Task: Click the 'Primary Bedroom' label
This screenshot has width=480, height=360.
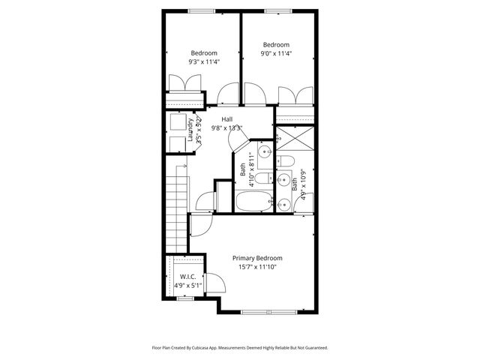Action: pos(257,257)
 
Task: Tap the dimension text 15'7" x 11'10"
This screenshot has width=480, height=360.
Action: pos(257,266)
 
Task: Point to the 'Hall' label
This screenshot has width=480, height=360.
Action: pos(226,119)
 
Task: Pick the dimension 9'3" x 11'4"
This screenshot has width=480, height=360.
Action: pos(204,62)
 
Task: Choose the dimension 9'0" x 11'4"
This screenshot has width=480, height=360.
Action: pos(276,53)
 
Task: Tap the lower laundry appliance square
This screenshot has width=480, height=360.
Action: pos(178,144)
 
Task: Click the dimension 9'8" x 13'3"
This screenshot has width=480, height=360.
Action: pos(226,128)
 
